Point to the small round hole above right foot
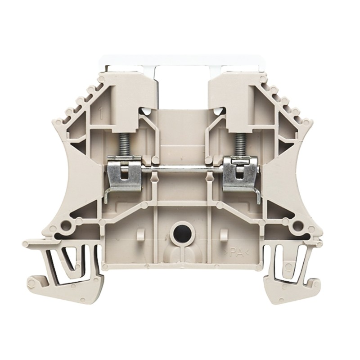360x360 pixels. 296,225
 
